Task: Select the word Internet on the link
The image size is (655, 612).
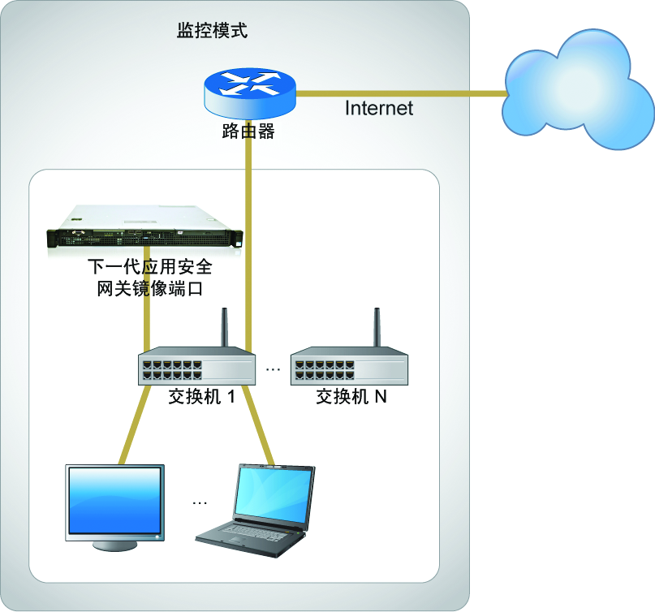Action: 379,108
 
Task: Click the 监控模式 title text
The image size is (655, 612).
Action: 213,32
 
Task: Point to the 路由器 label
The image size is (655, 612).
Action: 248,132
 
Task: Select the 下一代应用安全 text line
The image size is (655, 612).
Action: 149,267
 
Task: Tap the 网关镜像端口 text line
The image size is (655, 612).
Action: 149,288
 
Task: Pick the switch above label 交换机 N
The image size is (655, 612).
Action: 349,367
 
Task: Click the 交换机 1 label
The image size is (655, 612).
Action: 201,398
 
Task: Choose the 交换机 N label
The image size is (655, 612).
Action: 351,398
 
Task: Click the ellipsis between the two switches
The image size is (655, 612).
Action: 273,370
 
